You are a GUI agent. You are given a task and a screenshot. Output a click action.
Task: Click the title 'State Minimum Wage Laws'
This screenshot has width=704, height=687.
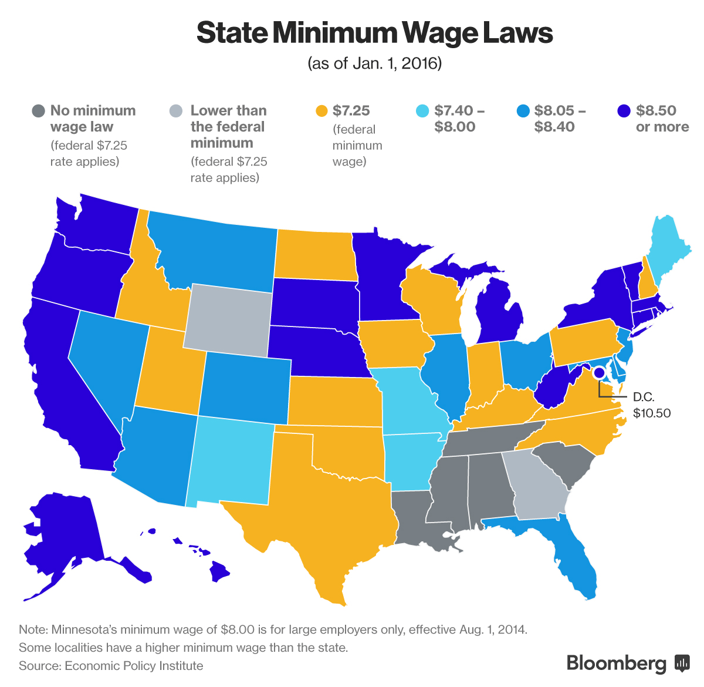coord(374,33)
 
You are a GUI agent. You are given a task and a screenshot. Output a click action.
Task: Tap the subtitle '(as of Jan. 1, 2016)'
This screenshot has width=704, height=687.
coord(374,63)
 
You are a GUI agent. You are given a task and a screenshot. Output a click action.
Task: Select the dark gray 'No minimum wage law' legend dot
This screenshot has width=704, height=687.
coord(38,111)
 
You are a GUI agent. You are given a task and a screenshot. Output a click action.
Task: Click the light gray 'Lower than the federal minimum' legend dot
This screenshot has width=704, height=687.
coord(175,111)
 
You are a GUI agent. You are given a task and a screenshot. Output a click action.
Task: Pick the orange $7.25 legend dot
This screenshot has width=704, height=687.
coord(321,111)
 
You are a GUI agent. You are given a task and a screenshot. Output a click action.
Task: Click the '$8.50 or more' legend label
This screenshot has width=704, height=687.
coord(662,119)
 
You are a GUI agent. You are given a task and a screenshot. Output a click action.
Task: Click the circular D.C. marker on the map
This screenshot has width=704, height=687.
coord(598,373)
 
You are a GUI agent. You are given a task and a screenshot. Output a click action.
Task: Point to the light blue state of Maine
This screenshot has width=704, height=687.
coord(669,247)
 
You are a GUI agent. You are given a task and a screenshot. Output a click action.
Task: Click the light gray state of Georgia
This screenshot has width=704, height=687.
coord(537,484)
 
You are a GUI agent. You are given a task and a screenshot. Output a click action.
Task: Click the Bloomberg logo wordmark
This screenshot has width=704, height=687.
coord(616,663)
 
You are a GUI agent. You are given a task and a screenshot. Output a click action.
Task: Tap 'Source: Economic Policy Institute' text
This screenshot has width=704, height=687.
coord(111,666)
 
